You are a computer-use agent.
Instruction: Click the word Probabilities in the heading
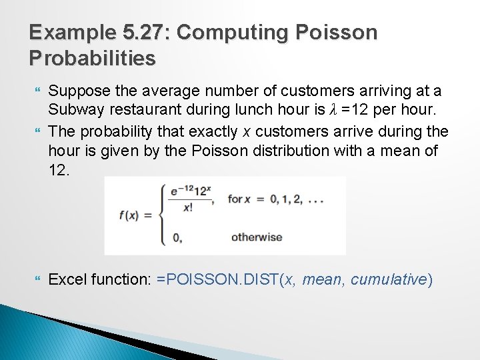point(93,58)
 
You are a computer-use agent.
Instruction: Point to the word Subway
point(73,108)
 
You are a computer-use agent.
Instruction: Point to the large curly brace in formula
point(162,215)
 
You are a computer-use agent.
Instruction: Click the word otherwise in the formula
point(256,237)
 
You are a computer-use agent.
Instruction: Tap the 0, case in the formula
point(177,237)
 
